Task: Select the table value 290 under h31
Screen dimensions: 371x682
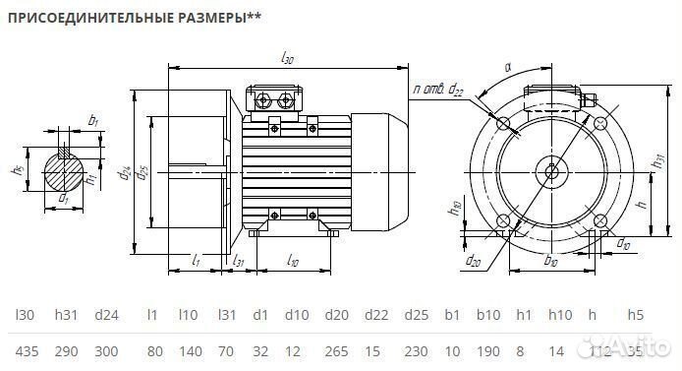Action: (65, 350)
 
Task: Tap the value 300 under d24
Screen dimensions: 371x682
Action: (106, 350)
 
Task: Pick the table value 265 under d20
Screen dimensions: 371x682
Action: (338, 350)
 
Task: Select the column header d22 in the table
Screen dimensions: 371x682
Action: (375, 315)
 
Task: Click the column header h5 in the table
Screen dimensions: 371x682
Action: (634, 315)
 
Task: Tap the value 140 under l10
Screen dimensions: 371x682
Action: (190, 350)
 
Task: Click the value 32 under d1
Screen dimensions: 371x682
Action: (259, 350)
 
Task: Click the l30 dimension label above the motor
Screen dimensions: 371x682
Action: (288, 61)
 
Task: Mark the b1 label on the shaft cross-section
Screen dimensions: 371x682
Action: (93, 121)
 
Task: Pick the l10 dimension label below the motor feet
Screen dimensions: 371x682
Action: (292, 260)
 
